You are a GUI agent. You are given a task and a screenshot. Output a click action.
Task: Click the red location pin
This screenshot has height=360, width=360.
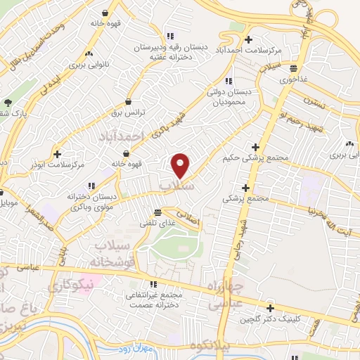181,165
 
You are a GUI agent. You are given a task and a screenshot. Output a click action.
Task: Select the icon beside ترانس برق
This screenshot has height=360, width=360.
127,101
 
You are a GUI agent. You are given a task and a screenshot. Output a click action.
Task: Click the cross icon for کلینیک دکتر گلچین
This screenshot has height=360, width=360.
270,307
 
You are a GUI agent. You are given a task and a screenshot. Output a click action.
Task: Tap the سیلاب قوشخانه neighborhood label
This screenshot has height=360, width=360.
116,252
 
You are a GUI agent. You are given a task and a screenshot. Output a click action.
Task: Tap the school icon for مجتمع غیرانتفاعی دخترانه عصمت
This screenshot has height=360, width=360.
153,284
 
